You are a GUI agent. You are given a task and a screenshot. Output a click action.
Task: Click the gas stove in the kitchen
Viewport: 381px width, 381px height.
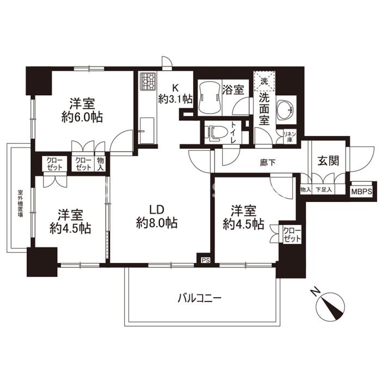pos(148,82)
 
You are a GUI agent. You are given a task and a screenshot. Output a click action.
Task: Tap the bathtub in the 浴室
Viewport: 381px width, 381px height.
pos(209,98)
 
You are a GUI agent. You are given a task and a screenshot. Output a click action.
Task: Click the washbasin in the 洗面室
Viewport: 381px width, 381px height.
pos(286,109)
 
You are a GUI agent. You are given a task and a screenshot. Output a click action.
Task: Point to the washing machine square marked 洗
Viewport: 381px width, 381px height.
pos(265,81)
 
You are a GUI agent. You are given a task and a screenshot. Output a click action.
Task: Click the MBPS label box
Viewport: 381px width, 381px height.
pos(361,192)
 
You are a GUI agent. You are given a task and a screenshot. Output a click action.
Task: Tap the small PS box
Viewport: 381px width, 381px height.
pos(205,260)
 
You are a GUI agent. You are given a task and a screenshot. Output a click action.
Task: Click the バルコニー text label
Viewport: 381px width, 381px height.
pos(200,298)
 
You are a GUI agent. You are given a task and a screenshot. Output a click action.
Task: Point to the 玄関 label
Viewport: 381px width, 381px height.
pos(328,161)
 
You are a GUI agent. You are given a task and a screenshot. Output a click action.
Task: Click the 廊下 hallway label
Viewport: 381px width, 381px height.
pos(268,163)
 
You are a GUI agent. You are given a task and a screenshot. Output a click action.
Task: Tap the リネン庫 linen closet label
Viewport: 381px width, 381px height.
pos(290,137)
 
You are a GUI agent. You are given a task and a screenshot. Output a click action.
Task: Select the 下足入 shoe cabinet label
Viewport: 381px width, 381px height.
pos(323,189)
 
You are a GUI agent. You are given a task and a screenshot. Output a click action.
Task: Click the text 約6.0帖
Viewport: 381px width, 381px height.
pos(82,118)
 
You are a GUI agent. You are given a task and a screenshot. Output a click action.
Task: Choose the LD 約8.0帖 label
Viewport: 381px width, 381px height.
pos(157,216)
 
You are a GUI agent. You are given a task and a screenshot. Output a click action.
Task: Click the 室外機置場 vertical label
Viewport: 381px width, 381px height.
pos(21,204)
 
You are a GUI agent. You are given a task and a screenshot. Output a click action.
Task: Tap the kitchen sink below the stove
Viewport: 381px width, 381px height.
pos(147,131)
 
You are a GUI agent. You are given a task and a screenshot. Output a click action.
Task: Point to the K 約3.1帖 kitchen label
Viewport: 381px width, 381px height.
pos(175,94)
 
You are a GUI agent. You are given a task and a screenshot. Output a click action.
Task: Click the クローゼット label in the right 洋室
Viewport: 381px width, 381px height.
pos(292,235)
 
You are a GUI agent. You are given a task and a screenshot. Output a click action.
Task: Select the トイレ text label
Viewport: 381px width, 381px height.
pos(233,132)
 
